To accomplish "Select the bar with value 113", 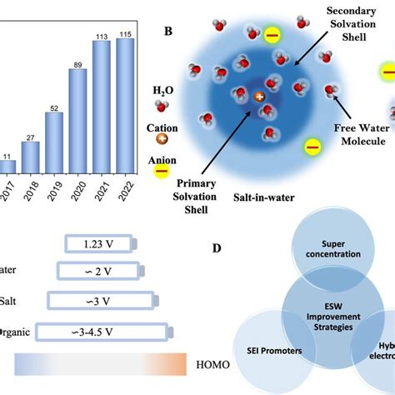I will (x=102, y=107).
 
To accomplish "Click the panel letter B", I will (x=168, y=32).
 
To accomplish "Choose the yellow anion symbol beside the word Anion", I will (x=162, y=172).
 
